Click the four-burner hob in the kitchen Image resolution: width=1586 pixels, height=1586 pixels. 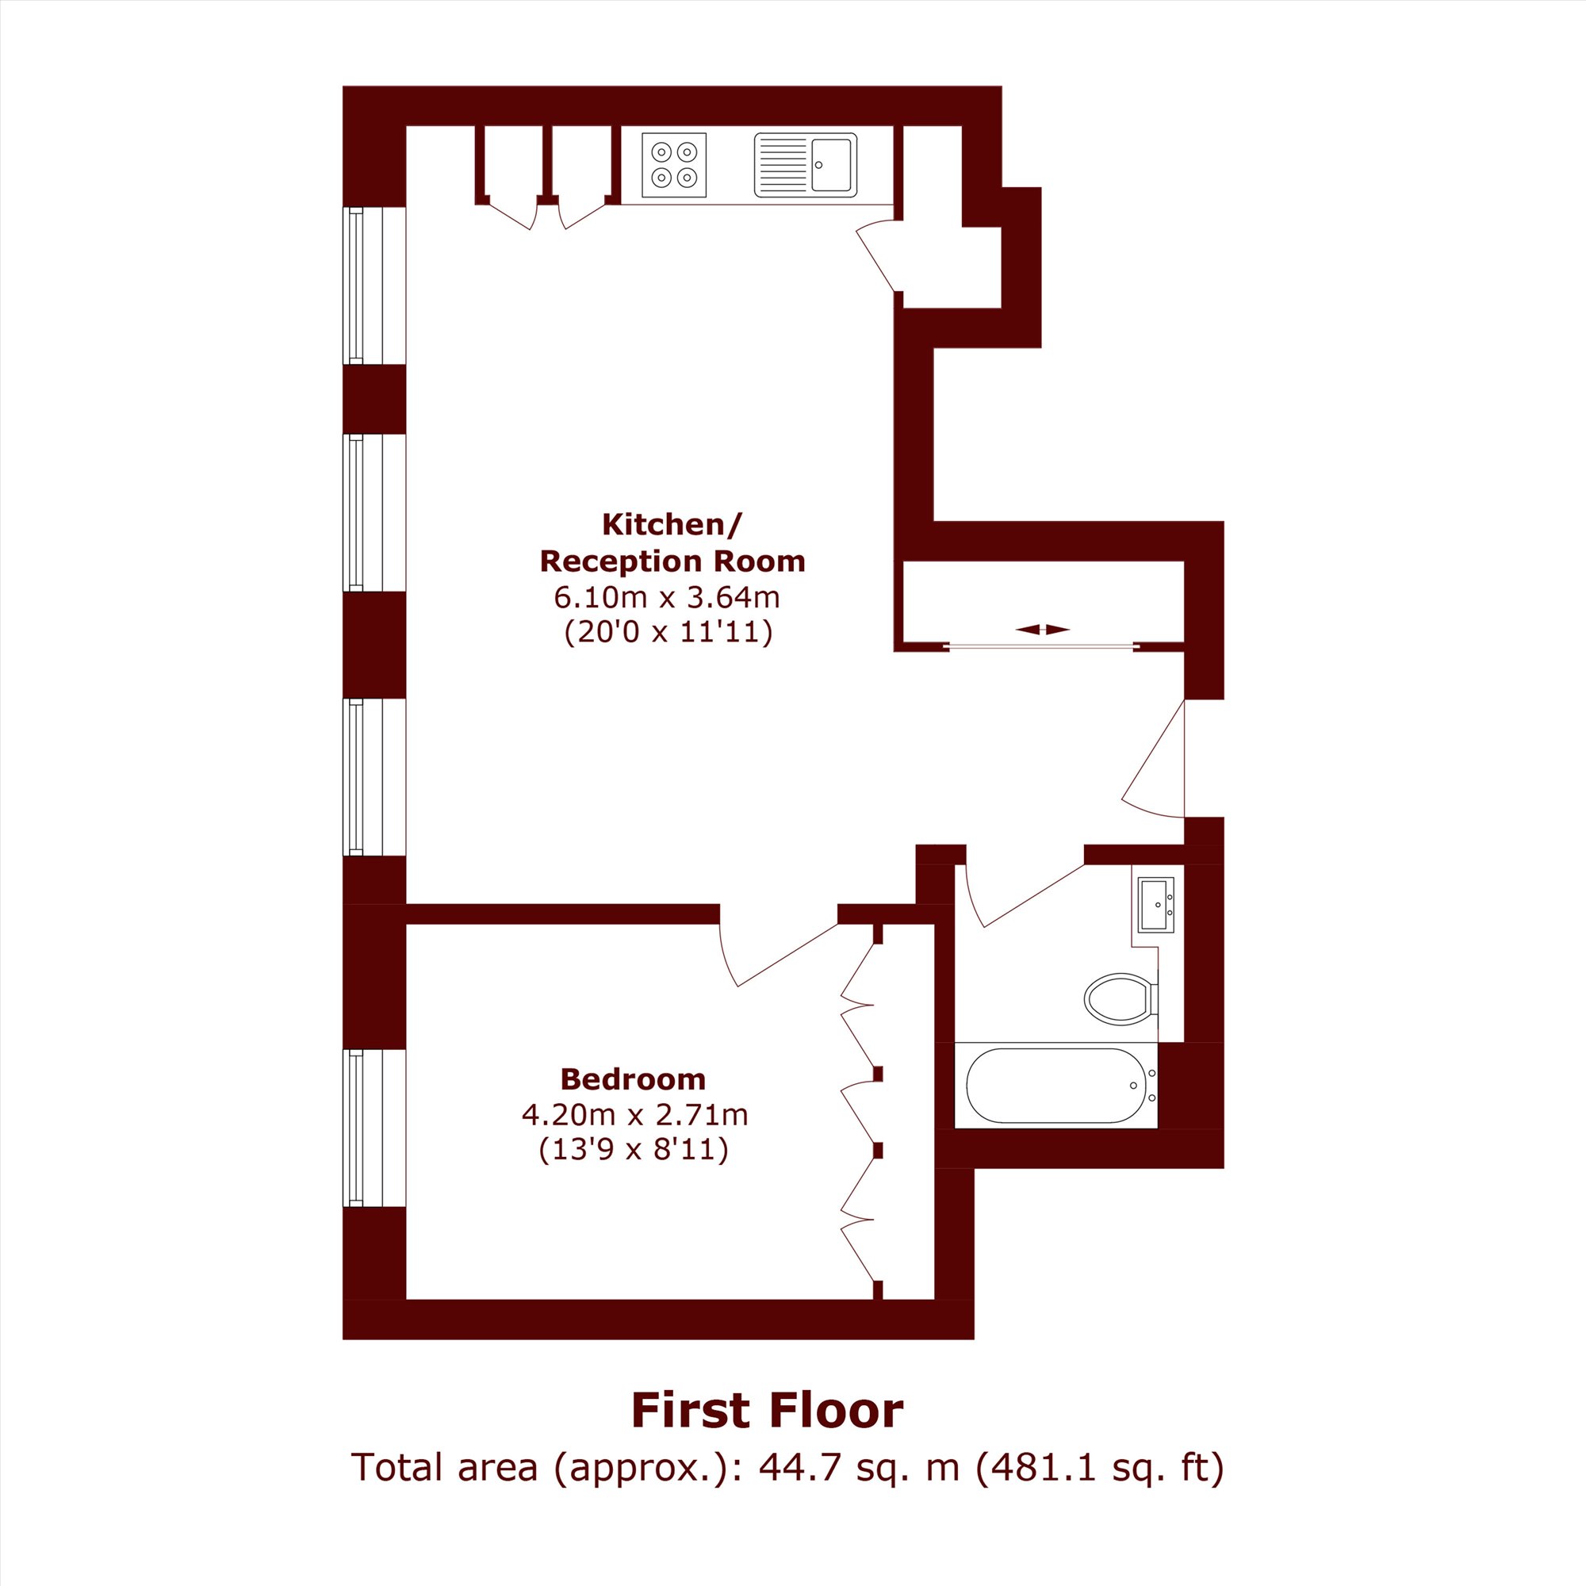[674, 165]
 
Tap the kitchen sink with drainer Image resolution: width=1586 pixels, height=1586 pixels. [806, 165]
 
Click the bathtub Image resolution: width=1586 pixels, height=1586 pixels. [1056, 1086]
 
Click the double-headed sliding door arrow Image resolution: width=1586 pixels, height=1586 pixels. [1043, 630]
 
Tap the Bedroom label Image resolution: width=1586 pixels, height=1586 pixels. [633, 1078]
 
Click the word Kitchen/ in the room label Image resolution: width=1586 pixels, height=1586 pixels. [672, 524]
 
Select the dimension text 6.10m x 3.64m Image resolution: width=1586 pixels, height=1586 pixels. [667, 598]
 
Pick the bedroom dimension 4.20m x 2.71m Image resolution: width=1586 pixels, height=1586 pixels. [634, 1115]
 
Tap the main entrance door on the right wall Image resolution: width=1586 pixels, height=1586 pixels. [1153, 759]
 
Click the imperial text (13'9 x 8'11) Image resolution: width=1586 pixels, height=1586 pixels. [634, 1149]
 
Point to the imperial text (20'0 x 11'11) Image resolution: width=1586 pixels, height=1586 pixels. [668, 633]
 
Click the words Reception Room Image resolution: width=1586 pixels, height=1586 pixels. [672, 561]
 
